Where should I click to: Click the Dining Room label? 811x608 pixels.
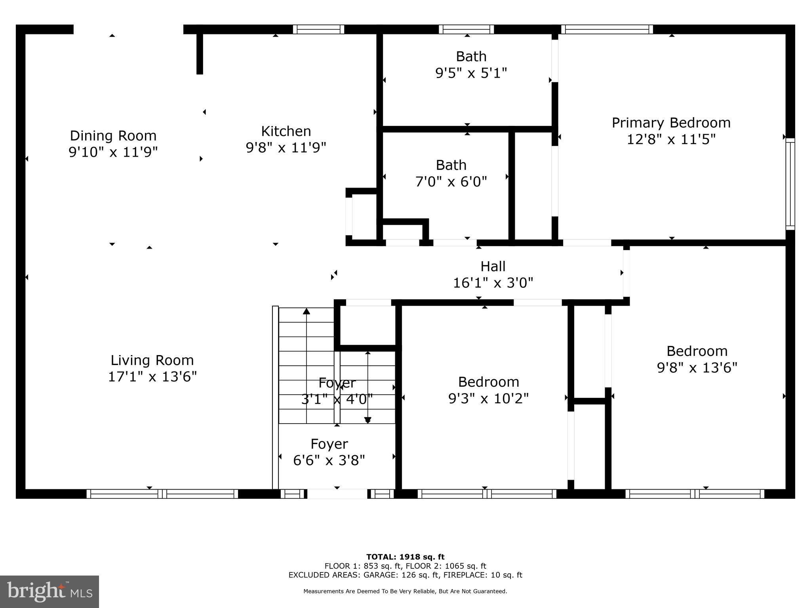(113, 136)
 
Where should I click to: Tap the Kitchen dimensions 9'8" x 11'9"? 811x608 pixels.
(286, 148)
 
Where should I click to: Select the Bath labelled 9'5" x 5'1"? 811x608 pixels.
(471, 65)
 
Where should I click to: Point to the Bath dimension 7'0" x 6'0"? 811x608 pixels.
(451, 182)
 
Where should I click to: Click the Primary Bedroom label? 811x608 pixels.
(671, 123)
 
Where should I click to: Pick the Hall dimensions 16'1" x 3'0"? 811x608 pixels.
(493, 283)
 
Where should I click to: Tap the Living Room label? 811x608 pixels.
(152, 360)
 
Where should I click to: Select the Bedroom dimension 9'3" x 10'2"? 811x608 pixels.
(488, 398)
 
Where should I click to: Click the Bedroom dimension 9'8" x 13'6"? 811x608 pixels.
(697, 368)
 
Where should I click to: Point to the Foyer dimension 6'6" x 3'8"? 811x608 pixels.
(329, 460)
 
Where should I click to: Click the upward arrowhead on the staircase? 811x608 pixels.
(307, 311)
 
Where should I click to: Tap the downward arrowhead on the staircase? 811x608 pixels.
(367, 420)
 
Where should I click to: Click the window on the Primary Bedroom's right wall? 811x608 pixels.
(790, 184)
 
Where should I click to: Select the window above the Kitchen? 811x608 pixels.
(318, 29)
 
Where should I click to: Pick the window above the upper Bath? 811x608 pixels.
(466, 29)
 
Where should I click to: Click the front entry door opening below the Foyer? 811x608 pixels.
(337, 494)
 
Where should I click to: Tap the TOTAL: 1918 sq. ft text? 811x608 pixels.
(405, 557)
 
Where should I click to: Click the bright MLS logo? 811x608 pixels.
(49, 591)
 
